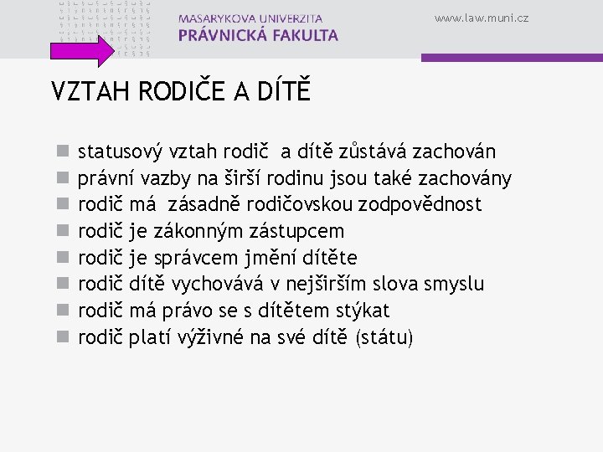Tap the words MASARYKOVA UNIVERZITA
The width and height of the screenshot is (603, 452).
click(250, 18)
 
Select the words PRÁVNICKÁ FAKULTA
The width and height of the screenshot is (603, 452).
click(259, 35)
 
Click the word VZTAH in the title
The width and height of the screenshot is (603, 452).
click(83, 91)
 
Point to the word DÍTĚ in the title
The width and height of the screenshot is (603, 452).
click(282, 90)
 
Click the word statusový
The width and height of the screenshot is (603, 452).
click(120, 152)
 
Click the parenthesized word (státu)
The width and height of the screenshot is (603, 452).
click(384, 337)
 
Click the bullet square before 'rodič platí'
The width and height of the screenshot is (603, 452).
click(61, 338)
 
